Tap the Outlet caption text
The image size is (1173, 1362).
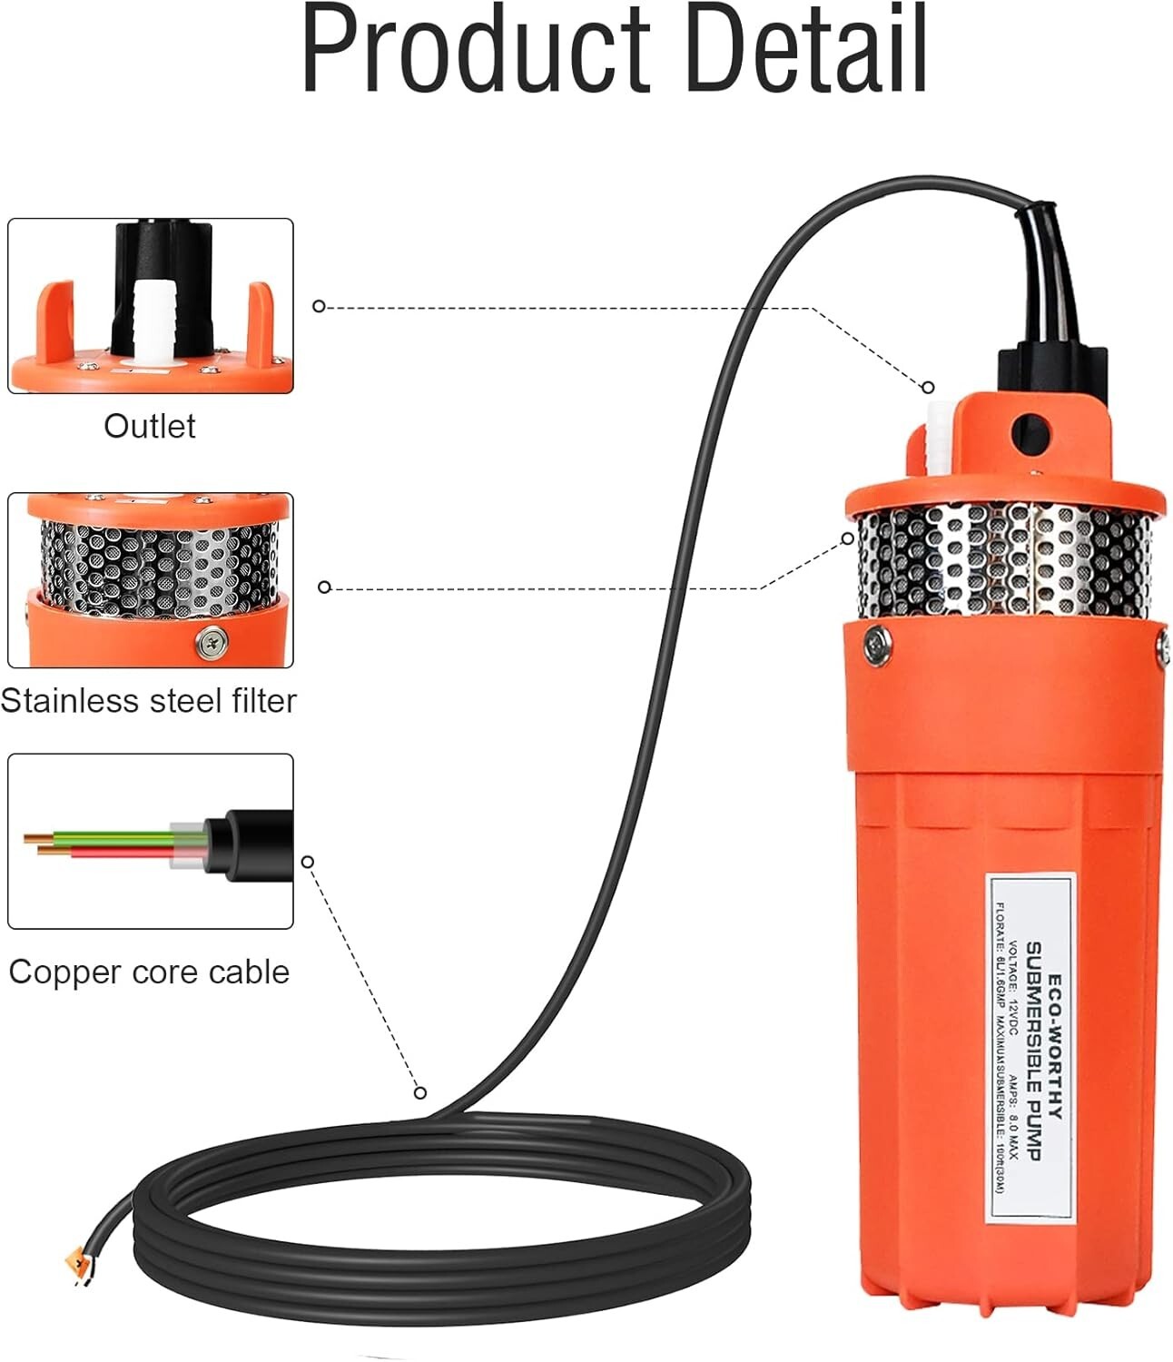(x=150, y=426)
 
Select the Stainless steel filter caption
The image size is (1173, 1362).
(x=149, y=701)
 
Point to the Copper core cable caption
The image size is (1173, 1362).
(x=149, y=972)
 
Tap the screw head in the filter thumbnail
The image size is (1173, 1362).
(x=212, y=642)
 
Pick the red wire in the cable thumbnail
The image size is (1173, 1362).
(x=118, y=853)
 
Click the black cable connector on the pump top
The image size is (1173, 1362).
(x=1053, y=372)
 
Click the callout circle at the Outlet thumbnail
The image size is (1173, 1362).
(x=319, y=306)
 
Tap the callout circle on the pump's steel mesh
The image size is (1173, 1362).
(x=848, y=538)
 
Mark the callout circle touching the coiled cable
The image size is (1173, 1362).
(x=419, y=1092)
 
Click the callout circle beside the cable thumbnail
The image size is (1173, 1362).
(x=308, y=861)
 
